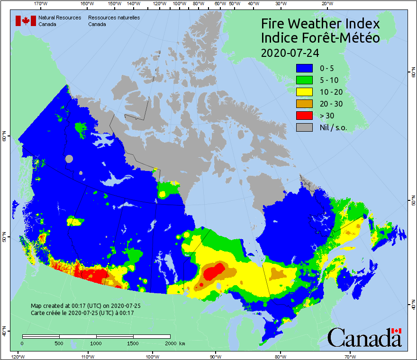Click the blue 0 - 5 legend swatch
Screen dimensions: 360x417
tap(306, 68)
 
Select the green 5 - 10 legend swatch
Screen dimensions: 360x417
tap(306, 80)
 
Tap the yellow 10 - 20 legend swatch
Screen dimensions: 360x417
tap(306, 92)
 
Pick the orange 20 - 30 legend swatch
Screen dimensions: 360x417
tap(306, 104)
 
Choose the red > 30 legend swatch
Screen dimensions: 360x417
tap(306, 116)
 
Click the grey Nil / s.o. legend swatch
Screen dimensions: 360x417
tap(306, 127)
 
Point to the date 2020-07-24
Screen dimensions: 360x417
tap(289, 53)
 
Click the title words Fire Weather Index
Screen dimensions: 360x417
tap(320, 24)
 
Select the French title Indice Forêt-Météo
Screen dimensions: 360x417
tap(320, 38)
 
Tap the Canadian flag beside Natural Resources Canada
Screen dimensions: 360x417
tap(26, 21)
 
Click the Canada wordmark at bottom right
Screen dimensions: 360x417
tap(364, 337)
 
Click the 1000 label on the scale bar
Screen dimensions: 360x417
tap(96, 343)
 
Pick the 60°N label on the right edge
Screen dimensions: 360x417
tap(412, 72)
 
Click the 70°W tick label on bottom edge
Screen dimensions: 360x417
tap(350, 356)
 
